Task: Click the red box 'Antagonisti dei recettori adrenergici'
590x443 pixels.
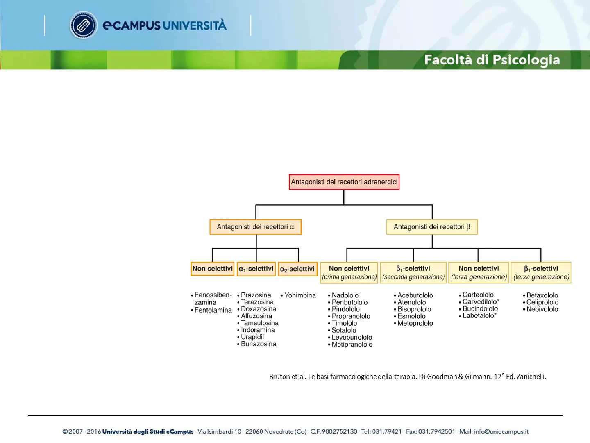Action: tap(344, 182)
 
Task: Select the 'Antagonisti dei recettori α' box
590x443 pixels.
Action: tap(255, 227)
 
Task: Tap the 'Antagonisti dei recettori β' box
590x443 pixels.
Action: tap(432, 227)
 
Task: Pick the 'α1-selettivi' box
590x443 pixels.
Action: tap(256, 269)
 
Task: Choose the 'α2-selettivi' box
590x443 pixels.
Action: tap(297, 269)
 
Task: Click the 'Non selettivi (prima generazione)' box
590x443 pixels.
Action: tap(349, 272)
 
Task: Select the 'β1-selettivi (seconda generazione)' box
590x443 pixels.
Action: tap(413, 272)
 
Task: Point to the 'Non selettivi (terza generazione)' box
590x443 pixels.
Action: tap(479, 272)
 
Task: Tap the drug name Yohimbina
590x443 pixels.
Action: tap(300, 295)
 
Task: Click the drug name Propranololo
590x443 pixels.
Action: tap(351, 316)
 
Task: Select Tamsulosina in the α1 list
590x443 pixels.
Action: tap(259, 323)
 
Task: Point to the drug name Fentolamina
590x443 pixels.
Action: tap(213, 310)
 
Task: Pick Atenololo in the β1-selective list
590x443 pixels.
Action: tap(411, 302)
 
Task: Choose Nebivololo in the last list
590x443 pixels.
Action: tap(542, 309)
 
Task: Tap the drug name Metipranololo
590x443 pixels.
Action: tap(352, 345)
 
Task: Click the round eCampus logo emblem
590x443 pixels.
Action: tap(83, 25)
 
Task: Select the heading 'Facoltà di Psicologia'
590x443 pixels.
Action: tap(492, 60)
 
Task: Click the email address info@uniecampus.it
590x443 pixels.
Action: tap(501, 432)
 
